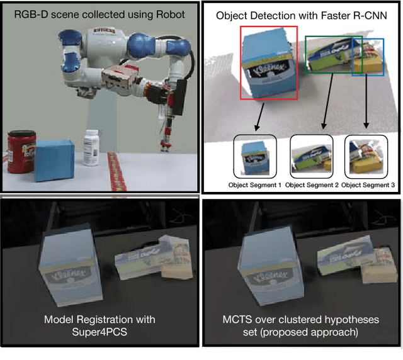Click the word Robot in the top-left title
[169, 13]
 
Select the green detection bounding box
[306, 54]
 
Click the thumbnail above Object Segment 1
[254, 155]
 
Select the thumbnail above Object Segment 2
[311, 155]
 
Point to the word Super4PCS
[98, 332]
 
